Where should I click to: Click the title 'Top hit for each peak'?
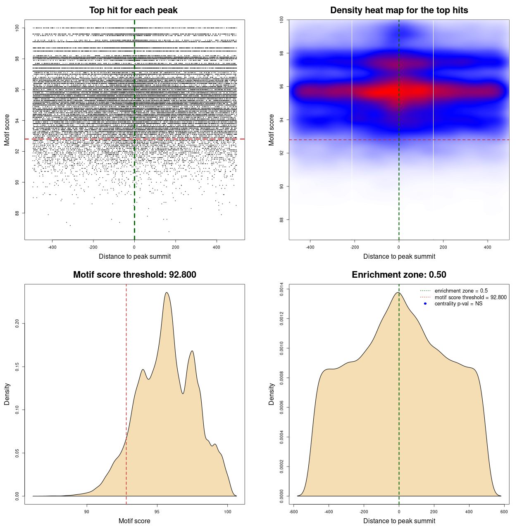[133, 10]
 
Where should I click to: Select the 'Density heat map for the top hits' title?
[399, 10]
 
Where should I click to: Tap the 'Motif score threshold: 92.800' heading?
[134, 275]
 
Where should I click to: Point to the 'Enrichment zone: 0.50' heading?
[399, 275]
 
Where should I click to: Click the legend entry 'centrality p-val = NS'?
[458, 304]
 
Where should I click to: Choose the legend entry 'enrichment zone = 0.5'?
[461, 291]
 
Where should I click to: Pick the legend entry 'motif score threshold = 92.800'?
[470, 298]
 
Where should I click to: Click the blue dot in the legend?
[425, 304]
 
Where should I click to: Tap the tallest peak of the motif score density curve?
[167, 293]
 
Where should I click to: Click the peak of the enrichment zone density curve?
[398, 293]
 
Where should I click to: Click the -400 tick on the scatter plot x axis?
[52, 247]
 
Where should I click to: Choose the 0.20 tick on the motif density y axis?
[17, 323]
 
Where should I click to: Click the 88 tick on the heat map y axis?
[282, 219]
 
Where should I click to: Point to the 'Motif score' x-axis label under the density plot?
[134, 521]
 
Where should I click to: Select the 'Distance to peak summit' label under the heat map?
[399, 256]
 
